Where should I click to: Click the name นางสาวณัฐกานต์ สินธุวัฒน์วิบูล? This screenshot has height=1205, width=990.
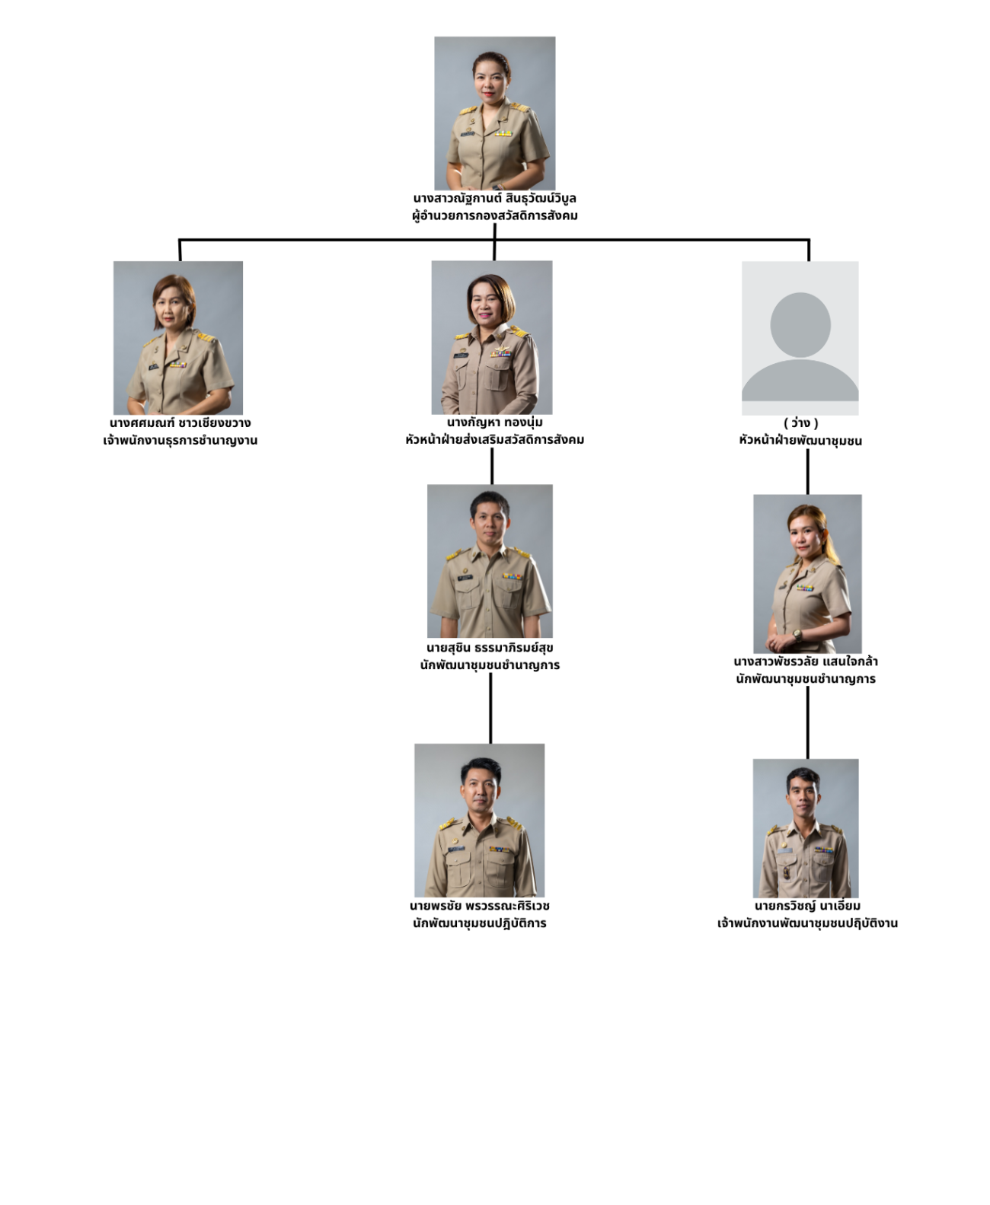click(494, 198)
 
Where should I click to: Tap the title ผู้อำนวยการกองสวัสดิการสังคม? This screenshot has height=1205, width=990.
click(494, 215)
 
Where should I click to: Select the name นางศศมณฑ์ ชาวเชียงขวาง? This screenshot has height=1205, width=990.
click(180, 422)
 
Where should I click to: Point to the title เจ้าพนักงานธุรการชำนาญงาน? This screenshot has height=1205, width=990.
click(180, 440)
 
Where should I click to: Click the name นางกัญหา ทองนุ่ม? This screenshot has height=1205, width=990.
click(494, 422)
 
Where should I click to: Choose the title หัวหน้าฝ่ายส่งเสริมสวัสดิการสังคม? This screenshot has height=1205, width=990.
click(494, 439)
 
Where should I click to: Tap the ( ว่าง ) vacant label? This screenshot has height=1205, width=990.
click(801, 422)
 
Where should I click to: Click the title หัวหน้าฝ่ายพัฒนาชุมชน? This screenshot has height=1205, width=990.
click(800, 440)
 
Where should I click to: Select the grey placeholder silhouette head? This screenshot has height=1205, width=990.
click(800, 324)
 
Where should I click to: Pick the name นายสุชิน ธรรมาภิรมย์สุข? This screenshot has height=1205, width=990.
click(490, 647)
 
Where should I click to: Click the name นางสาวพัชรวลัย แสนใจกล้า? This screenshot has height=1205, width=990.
click(806, 661)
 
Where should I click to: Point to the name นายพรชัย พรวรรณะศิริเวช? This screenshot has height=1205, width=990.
click(480, 906)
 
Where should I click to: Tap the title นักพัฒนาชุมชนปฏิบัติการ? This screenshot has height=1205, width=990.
click(480, 923)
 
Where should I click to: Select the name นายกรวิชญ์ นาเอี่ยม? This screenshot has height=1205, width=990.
click(807, 906)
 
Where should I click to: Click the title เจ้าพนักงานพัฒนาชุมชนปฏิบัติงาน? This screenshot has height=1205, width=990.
click(807, 923)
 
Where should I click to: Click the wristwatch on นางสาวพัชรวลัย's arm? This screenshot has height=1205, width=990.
click(797, 635)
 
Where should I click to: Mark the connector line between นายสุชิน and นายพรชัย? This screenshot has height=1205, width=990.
click(490, 708)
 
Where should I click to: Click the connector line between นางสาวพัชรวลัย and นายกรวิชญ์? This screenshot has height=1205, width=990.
click(808, 722)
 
